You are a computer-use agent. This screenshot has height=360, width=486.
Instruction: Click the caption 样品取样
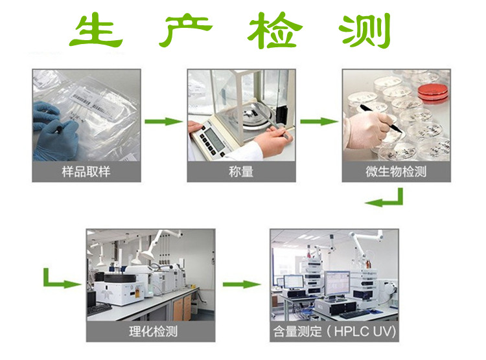click(x=86, y=172)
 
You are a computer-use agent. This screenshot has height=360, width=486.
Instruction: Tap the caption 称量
click(x=241, y=172)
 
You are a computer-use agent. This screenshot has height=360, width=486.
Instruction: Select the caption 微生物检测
click(x=396, y=172)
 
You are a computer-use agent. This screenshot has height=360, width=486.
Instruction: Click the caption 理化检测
click(x=154, y=332)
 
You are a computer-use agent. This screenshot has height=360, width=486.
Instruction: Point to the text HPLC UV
click(x=365, y=332)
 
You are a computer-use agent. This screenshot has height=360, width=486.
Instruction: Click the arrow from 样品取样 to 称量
click(x=164, y=122)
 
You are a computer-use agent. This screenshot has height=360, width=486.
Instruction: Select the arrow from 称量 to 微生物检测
click(x=319, y=122)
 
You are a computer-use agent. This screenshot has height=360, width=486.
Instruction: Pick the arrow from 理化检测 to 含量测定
click(x=242, y=284)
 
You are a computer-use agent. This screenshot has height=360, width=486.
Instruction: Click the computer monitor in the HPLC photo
click(x=337, y=284)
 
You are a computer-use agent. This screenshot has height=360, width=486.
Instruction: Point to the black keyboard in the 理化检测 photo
click(x=99, y=309)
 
